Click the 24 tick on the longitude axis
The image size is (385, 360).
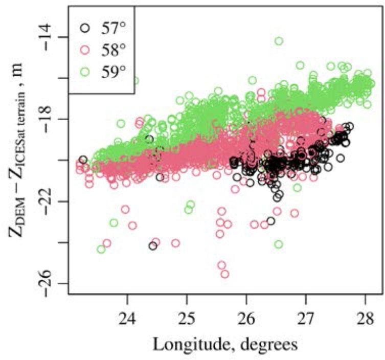tap(127, 313)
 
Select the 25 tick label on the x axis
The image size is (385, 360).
tap(187, 313)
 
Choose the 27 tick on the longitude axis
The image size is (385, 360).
tap(306, 313)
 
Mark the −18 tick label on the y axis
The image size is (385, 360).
tap(53, 119)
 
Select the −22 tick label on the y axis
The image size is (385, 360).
tap(53, 201)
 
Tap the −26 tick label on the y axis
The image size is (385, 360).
tap(53, 283)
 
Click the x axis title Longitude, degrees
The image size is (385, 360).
tap(225, 344)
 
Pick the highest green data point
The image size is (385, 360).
tap(279, 41)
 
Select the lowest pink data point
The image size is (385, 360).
tap(224, 274)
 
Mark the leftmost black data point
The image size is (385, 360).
tap(83, 160)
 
